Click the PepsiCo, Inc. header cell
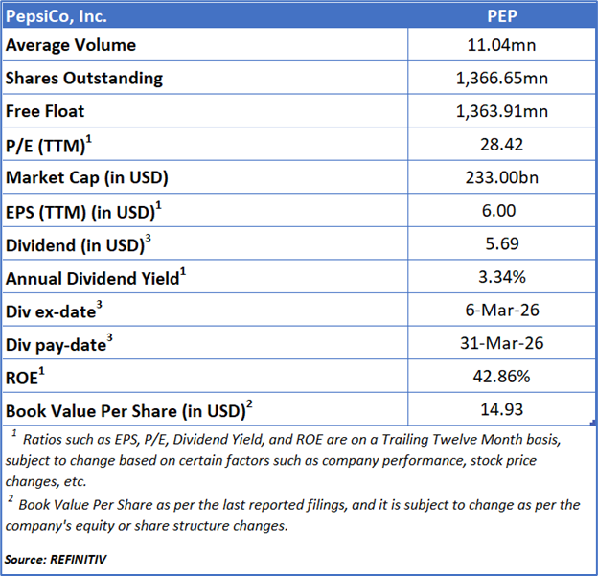click(x=57, y=15)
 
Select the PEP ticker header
click(x=502, y=15)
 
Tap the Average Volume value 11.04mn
click(x=502, y=45)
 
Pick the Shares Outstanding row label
click(x=84, y=79)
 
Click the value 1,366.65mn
click(x=502, y=79)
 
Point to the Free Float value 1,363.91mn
click(x=502, y=111)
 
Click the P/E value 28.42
click(x=502, y=145)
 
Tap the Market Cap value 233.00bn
click(x=502, y=178)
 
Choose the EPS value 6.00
click(x=502, y=212)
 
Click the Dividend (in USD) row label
click(x=78, y=245)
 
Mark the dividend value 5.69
click(x=502, y=245)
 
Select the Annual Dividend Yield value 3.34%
click(x=502, y=279)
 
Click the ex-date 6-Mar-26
click(x=502, y=311)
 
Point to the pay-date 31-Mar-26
click(x=502, y=345)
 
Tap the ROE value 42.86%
click(x=502, y=378)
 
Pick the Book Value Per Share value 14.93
click(x=502, y=411)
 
